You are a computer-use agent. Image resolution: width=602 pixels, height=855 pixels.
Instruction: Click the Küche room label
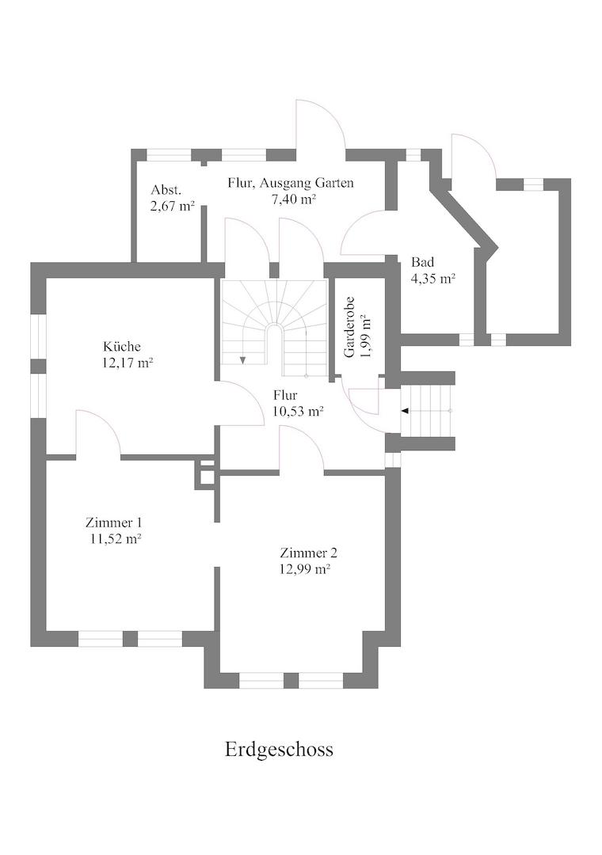click(122, 347)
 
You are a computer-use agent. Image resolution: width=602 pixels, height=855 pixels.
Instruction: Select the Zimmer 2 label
click(308, 553)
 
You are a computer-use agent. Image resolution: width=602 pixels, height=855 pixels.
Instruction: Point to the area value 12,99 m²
click(305, 569)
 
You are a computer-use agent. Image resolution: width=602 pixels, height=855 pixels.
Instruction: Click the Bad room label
click(422, 262)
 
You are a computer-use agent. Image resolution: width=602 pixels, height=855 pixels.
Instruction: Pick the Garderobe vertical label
click(350, 327)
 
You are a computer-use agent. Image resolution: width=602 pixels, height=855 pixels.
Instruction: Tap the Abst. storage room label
click(166, 190)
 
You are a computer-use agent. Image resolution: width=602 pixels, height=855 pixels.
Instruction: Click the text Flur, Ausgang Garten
click(291, 183)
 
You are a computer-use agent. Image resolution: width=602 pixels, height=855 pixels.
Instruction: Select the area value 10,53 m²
click(298, 411)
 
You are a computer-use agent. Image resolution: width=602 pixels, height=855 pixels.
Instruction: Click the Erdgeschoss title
click(279, 749)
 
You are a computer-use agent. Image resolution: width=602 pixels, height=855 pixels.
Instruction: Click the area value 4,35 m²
click(433, 278)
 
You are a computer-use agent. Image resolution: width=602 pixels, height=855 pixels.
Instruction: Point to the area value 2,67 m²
click(173, 206)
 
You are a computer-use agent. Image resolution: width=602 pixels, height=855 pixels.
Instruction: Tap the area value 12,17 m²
click(128, 363)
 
